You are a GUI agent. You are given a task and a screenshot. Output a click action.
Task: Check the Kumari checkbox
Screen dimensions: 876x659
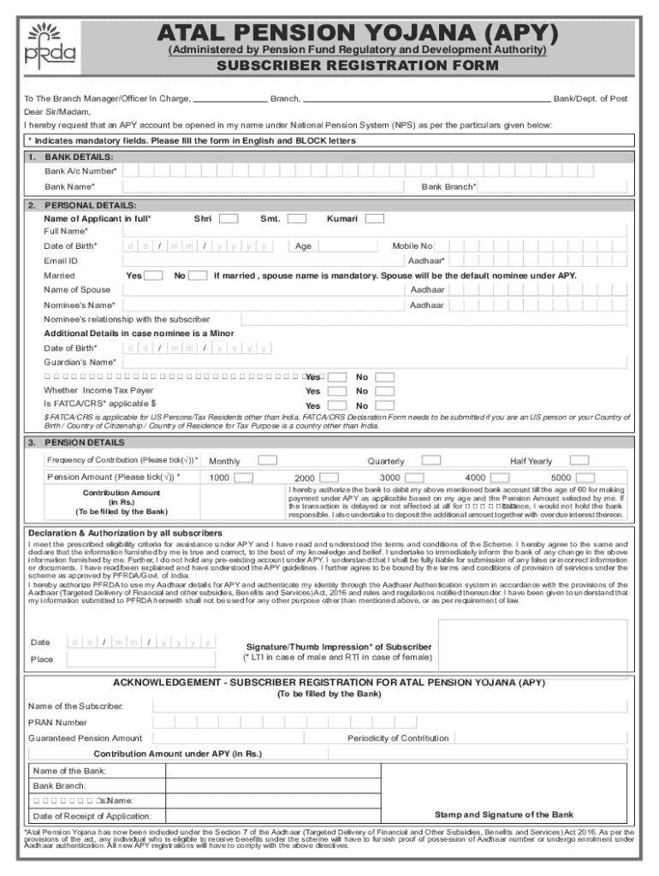[374, 219]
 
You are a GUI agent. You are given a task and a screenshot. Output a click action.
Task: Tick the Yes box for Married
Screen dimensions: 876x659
[154, 275]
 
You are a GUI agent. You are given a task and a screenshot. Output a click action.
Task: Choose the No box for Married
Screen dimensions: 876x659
[198, 275]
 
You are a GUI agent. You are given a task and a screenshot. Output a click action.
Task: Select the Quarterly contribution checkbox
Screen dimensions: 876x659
[432, 460]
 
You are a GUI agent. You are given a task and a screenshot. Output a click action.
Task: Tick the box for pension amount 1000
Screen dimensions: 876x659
[244, 476]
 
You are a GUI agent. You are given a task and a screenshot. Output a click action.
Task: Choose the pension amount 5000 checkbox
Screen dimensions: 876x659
[583, 476]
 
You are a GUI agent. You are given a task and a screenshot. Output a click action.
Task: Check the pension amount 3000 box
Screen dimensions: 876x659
[414, 476]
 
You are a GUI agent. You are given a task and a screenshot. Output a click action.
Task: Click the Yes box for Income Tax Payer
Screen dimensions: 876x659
[337, 391]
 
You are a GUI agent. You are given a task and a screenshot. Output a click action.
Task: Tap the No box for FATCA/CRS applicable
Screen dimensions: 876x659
[386, 405]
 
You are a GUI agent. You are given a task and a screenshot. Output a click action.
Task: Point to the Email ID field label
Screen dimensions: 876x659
[61, 260]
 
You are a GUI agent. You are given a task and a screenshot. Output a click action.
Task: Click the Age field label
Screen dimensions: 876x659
[303, 246]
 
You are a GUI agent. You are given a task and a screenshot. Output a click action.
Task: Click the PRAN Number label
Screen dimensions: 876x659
[58, 722]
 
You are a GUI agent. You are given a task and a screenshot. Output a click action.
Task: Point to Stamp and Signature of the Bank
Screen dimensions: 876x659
[504, 814]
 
